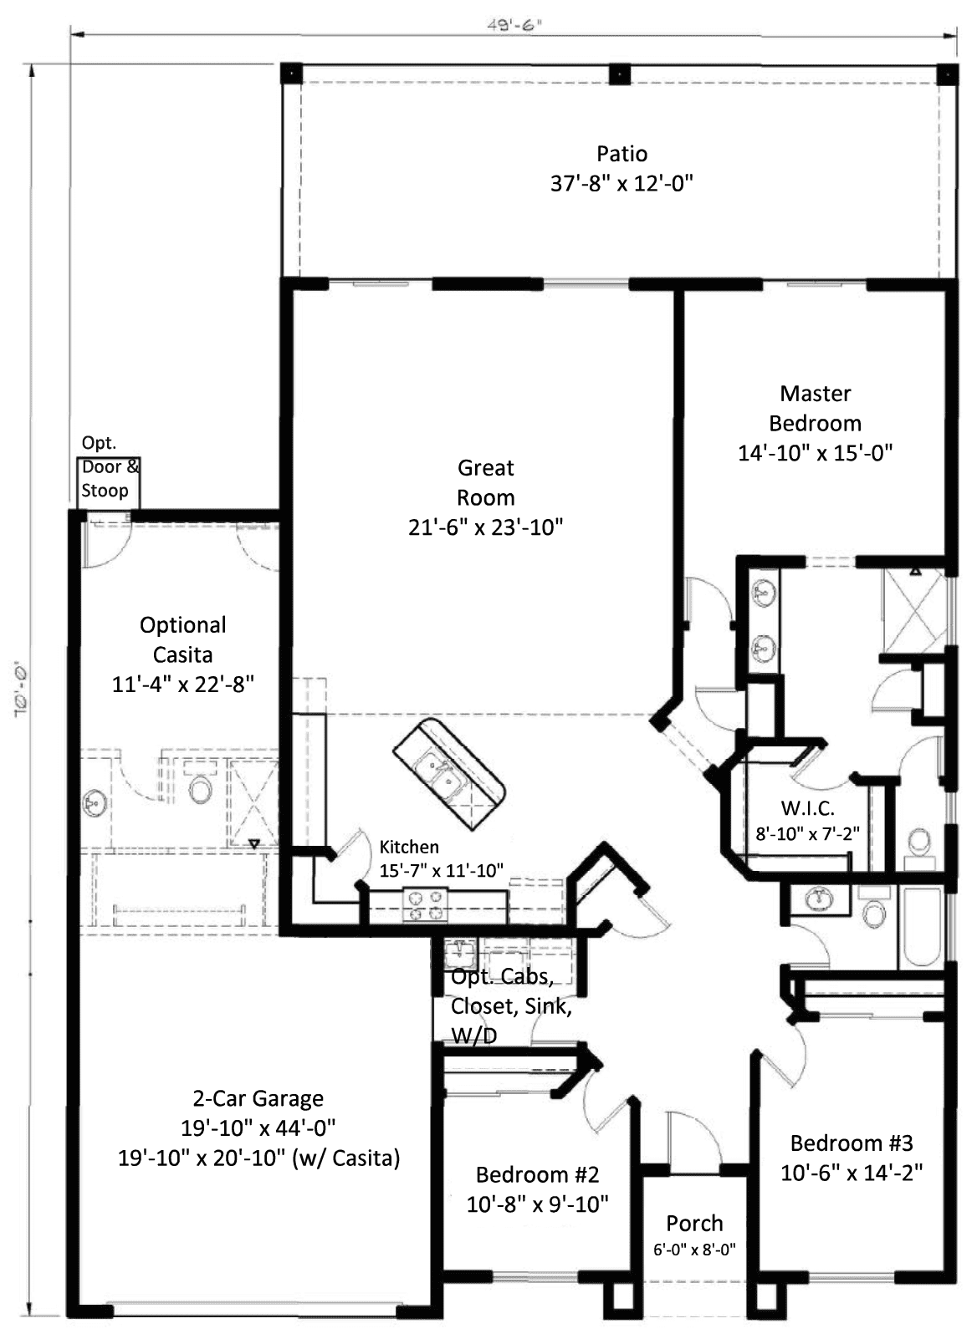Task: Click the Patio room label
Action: click(621, 154)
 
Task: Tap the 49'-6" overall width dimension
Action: click(514, 24)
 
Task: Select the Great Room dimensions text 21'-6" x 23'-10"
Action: click(485, 527)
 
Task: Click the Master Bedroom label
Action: click(815, 408)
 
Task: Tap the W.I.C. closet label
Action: click(807, 808)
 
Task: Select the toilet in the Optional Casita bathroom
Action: click(200, 787)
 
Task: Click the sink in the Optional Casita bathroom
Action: click(93, 804)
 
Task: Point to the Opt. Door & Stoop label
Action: click(110, 467)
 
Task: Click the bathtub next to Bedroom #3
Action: click(921, 926)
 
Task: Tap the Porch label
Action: click(694, 1224)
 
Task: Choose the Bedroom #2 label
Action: click(537, 1174)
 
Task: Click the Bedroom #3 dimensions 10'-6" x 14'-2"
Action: click(851, 1173)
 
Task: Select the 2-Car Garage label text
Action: click(258, 1098)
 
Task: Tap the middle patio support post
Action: click(618, 74)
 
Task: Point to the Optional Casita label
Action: click(182, 639)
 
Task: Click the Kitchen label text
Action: click(409, 847)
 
